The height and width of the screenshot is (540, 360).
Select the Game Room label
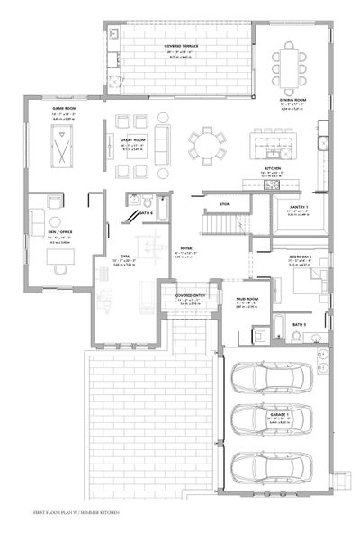[65, 108]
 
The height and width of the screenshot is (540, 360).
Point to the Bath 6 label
[146, 213]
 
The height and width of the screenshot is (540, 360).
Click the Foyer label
[187, 247]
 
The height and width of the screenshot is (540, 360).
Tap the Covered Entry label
[187, 295]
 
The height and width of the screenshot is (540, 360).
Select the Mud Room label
[248, 299]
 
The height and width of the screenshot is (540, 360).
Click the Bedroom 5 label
[301, 258]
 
